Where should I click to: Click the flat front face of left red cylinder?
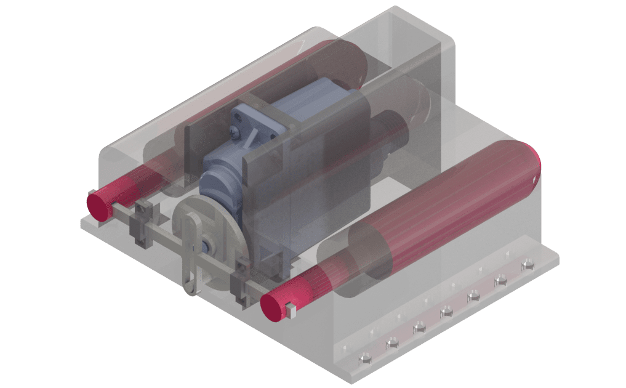click(x=98, y=204)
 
